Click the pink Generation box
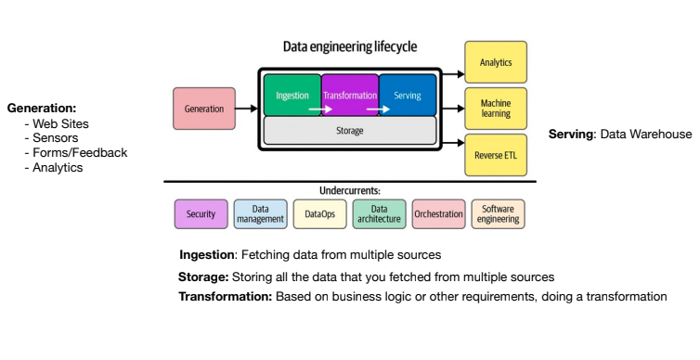[204, 109]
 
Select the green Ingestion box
[292, 95]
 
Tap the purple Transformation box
[350, 95]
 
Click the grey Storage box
[349, 131]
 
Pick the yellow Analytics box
[496, 62]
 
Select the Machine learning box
[496, 109]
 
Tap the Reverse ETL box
[496, 155]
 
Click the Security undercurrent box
[201, 214]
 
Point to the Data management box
[260, 214]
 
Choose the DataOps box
[319, 214]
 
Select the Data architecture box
[379, 214]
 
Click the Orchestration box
[438, 214]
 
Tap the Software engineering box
[498, 214]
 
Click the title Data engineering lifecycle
[350, 45]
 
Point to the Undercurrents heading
[349, 190]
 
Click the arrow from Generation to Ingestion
[247, 109]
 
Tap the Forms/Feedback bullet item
[80, 153]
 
